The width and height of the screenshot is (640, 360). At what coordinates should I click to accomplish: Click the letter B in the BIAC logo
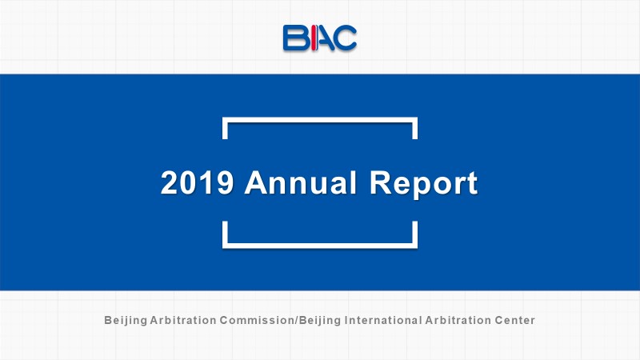295,38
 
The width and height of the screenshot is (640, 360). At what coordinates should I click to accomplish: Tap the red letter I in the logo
314,38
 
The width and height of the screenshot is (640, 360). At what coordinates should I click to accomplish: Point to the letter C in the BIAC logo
346,38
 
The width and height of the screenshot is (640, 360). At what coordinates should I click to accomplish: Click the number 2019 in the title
198,182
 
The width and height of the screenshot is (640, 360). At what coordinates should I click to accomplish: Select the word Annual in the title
301,182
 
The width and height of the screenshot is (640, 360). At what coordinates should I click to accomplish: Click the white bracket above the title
320,120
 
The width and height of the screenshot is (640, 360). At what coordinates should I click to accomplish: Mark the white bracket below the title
320,246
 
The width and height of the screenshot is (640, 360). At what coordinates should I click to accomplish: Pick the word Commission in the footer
257,320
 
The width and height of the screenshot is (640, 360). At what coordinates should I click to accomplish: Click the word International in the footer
383,320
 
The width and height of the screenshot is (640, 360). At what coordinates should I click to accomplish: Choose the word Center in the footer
514,320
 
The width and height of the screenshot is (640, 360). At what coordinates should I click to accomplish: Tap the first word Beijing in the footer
126,321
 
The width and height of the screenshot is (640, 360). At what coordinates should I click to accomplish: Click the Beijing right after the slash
320,321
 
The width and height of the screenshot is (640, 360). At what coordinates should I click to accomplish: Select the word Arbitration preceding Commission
183,320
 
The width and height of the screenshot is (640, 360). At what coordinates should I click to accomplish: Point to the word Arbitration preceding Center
458,320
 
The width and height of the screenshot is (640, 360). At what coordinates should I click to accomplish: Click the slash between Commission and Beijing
296,321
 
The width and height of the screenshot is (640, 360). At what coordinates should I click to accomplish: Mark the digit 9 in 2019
225,182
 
